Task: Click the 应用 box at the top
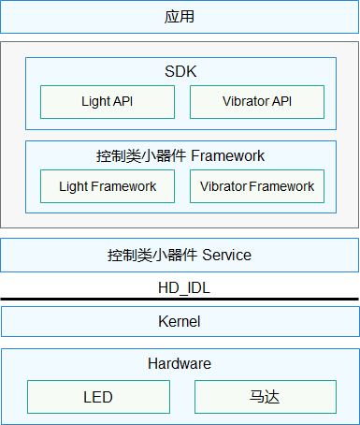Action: pyautogui.click(x=180, y=17)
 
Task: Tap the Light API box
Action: pyautogui.click(x=108, y=102)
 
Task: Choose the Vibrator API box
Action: pyautogui.click(x=257, y=102)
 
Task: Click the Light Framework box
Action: pyautogui.click(x=108, y=186)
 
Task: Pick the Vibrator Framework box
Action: pyautogui.click(x=257, y=186)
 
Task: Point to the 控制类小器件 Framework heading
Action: pyautogui.click(x=180, y=155)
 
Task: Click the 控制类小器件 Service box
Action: pyautogui.click(x=180, y=255)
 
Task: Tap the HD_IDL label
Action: pyautogui.click(x=180, y=287)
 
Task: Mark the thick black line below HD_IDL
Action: pyautogui.click(x=180, y=300)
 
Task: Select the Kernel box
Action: pyautogui.click(x=180, y=322)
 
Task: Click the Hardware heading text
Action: pyautogui.click(x=180, y=363)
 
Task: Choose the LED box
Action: pyautogui.click(x=98, y=397)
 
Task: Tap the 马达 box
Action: pyautogui.click(x=265, y=397)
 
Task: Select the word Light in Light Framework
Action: pyautogui.click(x=73, y=186)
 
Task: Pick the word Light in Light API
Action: pyautogui.click(x=94, y=102)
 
